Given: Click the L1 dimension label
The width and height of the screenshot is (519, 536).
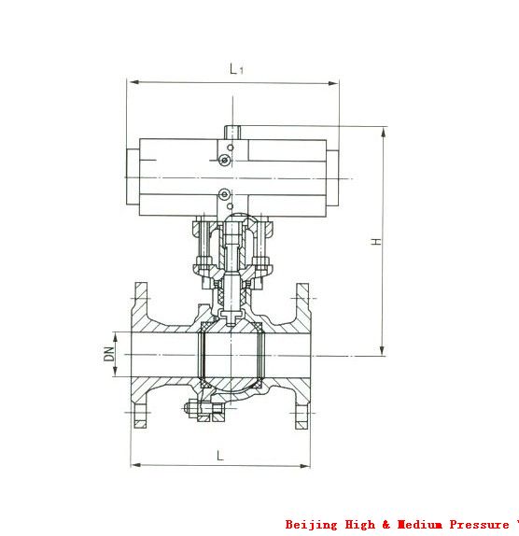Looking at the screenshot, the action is [x=236, y=69].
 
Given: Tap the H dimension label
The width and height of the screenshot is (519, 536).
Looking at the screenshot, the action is [x=376, y=241].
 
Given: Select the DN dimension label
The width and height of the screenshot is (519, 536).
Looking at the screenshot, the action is [x=109, y=354].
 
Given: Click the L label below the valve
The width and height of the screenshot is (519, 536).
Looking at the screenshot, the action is [x=220, y=456].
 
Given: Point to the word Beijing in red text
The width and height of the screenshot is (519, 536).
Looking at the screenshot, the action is [x=311, y=525].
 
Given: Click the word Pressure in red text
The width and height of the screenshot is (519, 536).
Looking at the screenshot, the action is [x=479, y=524].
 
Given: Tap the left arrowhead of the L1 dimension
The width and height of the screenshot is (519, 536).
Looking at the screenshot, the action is [x=134, y=82].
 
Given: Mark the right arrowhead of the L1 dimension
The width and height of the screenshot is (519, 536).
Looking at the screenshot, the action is [x=333, y=83].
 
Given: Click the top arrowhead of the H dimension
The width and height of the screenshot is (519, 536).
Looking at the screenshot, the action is [x=384, y=132].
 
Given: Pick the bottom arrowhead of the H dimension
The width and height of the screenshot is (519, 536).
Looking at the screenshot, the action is [x=383, y=351].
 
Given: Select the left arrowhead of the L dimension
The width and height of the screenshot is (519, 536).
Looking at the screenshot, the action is [x=136, y=465].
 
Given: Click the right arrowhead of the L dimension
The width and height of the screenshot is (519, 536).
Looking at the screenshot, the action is [x=304, y=466].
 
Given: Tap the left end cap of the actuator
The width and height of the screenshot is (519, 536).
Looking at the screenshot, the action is [x=133, y=177].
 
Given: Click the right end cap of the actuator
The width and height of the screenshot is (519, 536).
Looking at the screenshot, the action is [x=332, y=178].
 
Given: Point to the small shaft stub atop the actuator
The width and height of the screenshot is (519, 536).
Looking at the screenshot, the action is [x=232, y=133].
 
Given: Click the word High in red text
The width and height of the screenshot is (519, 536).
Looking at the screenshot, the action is [x=359, y=525].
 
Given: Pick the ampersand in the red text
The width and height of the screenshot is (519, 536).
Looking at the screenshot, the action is [x=386, y=525].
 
